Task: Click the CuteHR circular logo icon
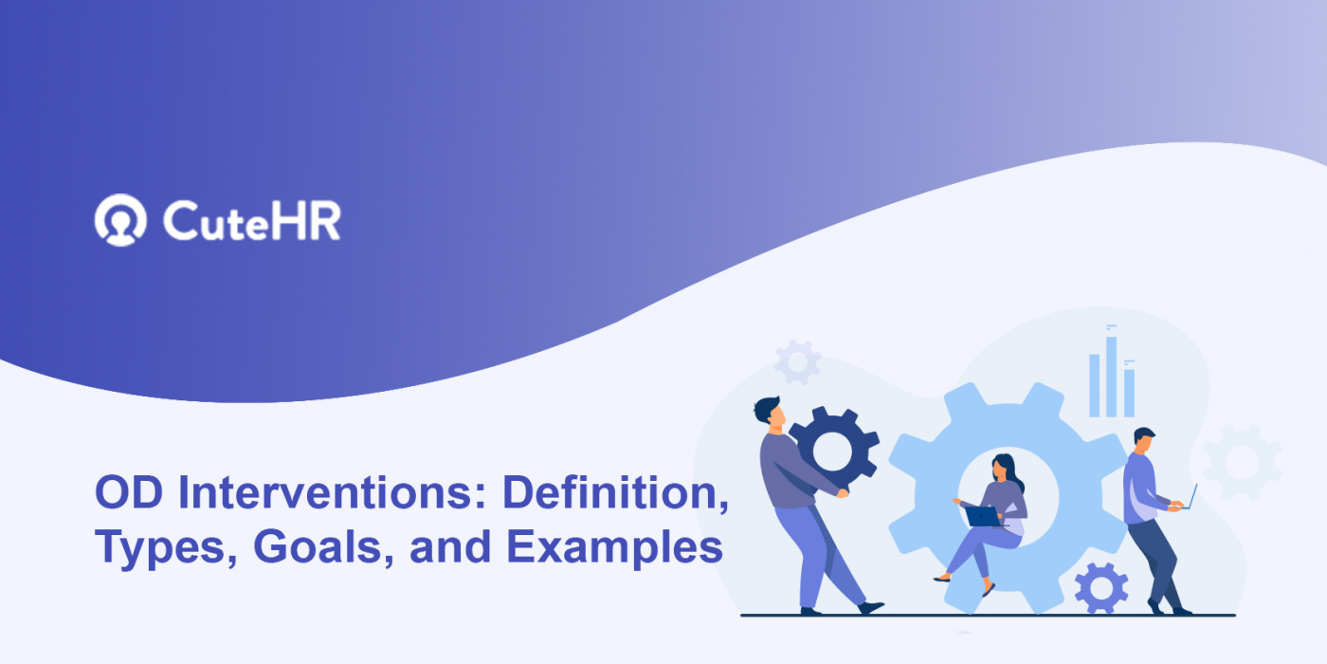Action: [120, 220]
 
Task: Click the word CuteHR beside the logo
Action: [251, 221]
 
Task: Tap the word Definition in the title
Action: [614, 493]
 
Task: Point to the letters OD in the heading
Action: [127, 493]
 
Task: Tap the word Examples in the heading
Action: [613, 547]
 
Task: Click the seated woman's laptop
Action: [983, 516]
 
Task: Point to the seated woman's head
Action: [1003, 467]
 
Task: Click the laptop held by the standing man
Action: [1189, 497]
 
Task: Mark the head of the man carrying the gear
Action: [768, 411]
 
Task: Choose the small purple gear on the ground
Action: [1100, 588]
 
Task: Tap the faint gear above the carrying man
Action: [797, 361]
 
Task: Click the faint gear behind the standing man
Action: [1242, 460]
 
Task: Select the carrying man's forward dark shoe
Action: [871, 608]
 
